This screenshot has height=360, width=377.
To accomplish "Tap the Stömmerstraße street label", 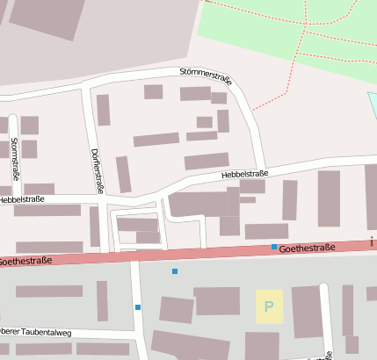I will click(x=205, y=76).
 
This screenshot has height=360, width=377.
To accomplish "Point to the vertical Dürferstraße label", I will click(x=96, y=169).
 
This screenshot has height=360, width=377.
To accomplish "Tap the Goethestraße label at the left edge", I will click(x=25, y=261).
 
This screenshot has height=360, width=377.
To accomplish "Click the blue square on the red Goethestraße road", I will click(x=274, y=247).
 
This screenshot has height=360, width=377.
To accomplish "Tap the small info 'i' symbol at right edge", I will click(x=372, y=241).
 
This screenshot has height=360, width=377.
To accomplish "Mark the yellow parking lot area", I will click(x=269, y=306).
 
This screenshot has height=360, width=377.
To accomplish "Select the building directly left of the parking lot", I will click(x=217, y=301).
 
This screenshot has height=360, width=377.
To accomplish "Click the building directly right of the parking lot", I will click(x=307, y=311).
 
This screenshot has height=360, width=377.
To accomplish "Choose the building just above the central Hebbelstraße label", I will click(x=207, y=161).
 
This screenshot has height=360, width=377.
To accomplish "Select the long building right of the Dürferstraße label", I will click(x=123, y=173).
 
